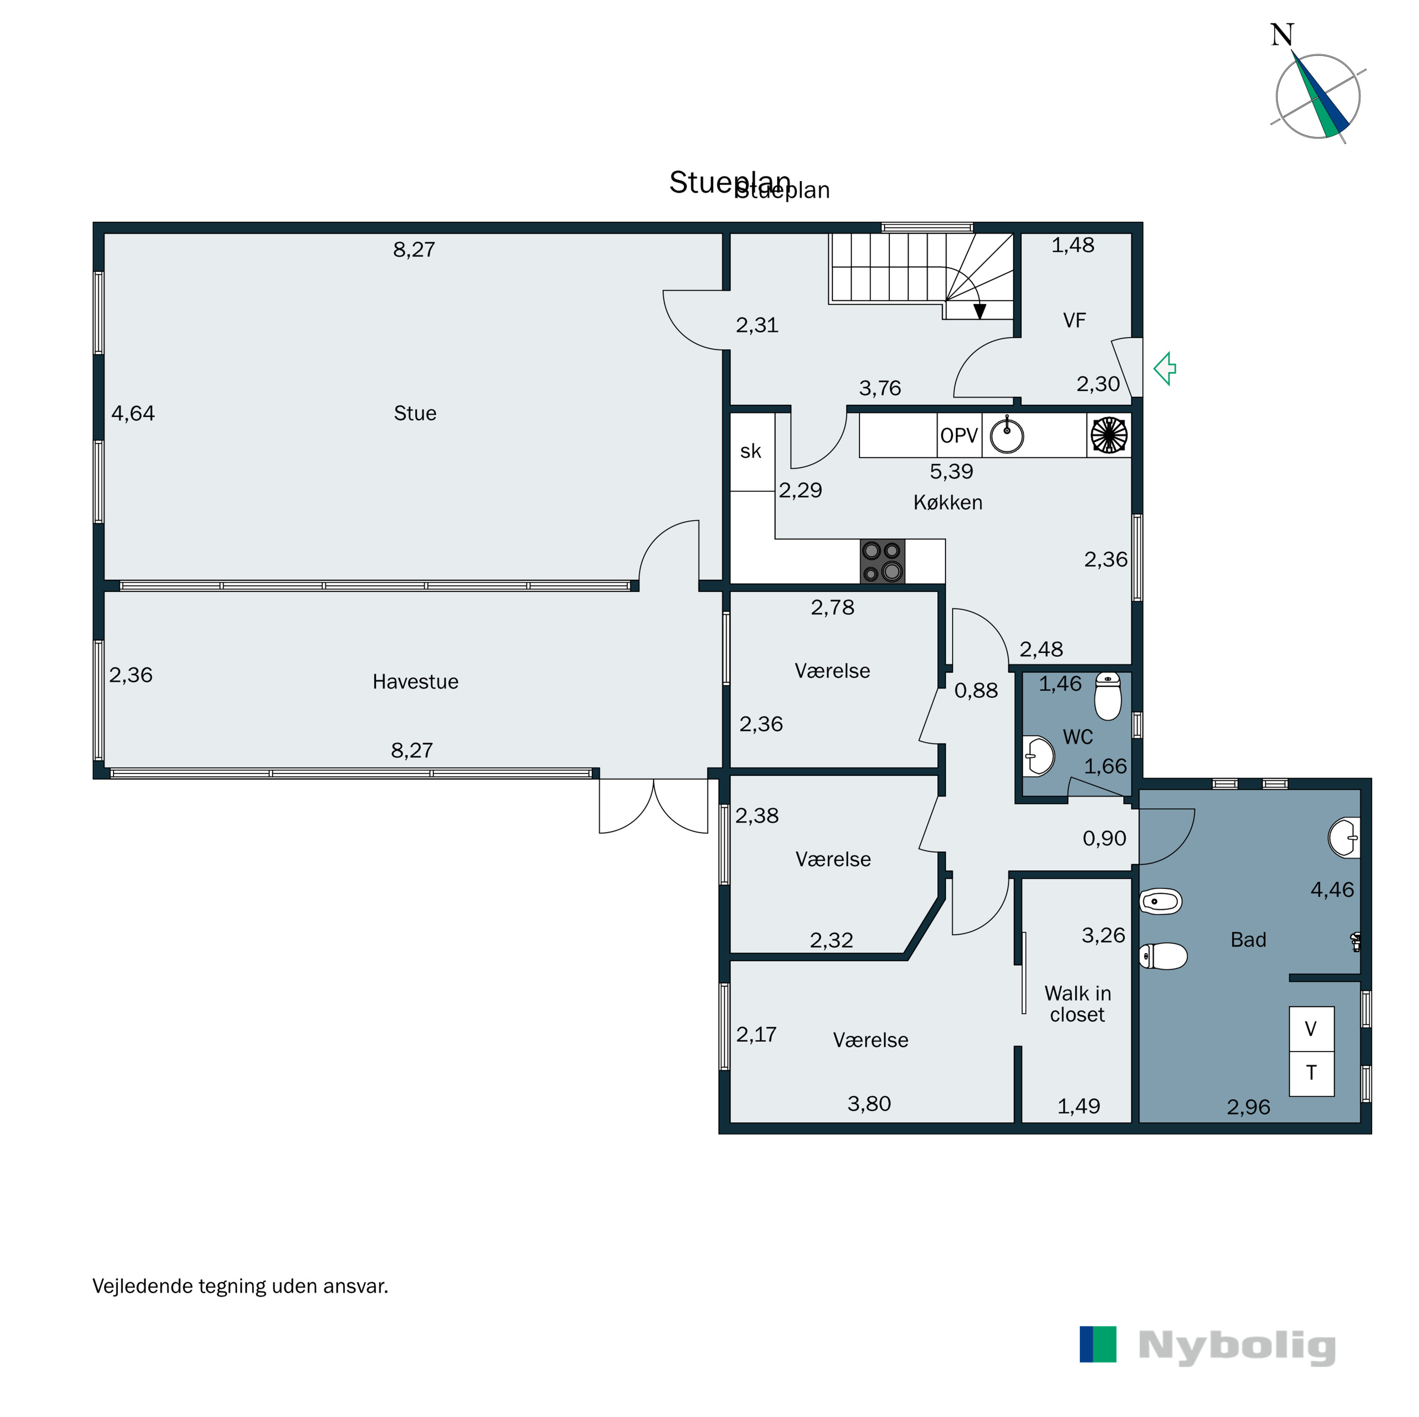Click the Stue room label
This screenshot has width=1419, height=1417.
415,413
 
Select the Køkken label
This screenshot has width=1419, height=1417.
947,502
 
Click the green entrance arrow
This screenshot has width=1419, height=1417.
1165,369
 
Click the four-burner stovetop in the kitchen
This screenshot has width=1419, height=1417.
882,562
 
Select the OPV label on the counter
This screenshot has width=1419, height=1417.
959,436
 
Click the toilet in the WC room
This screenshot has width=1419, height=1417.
1108,696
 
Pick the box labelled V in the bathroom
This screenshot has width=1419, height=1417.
1311,1028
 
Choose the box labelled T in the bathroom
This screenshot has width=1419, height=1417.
1311,1073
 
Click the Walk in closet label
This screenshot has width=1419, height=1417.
1077,1004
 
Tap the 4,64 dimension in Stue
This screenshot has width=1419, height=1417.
133,413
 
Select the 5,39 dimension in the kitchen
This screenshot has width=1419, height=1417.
951,472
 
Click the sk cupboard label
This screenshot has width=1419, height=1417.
751,451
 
